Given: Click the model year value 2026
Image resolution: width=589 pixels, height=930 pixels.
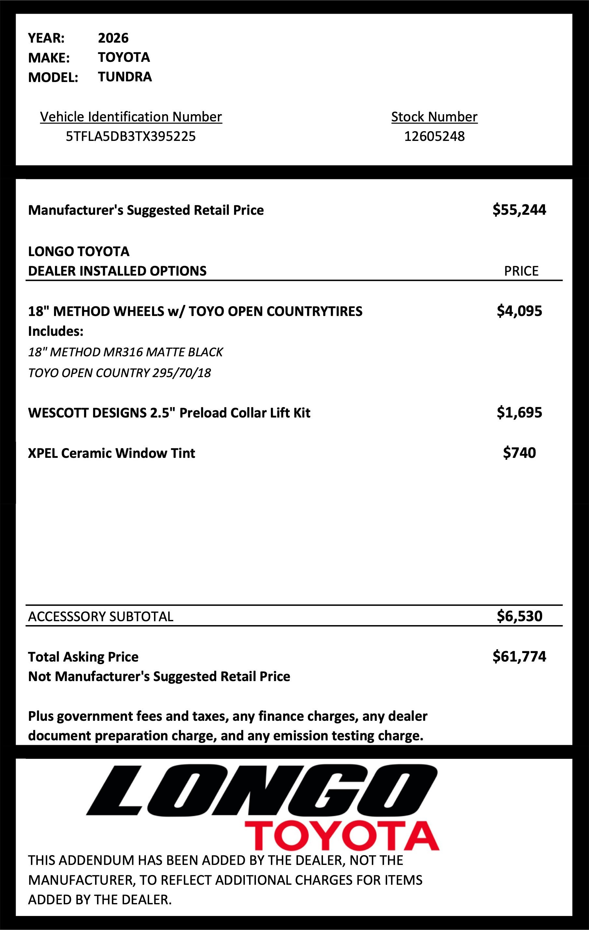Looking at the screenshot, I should [113, 38].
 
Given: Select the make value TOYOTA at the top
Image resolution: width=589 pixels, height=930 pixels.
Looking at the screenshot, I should [124, 57].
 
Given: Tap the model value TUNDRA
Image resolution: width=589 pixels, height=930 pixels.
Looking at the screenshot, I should [125, 77].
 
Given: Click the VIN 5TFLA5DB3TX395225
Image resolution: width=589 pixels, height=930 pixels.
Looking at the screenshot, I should [131, 136].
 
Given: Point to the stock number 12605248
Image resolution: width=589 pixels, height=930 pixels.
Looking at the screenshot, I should [434, 136].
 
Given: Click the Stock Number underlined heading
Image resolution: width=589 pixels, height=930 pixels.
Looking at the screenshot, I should [434, 116].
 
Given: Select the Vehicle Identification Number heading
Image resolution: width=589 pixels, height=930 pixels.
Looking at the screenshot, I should [131, 116].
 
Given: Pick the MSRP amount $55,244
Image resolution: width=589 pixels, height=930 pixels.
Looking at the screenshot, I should [519, 210].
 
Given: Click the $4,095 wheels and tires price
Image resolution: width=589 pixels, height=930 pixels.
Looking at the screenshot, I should [519, 311].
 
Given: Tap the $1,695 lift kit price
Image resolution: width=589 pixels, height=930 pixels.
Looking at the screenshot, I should [519, 413].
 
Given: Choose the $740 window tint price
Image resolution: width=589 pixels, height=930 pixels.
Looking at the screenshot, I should [519, 453].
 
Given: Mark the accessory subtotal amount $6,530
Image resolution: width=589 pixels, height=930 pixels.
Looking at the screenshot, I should [519, 616].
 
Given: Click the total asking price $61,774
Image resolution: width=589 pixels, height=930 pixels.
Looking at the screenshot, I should [519, 656].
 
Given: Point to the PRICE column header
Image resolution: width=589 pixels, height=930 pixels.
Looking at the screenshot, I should [521, 271].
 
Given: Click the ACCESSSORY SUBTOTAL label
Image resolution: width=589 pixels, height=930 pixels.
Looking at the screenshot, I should [101, 616].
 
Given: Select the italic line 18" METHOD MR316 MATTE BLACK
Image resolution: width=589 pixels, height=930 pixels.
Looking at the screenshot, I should [125, 352].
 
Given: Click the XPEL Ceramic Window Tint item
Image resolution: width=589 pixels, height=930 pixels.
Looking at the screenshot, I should [111, 453].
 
